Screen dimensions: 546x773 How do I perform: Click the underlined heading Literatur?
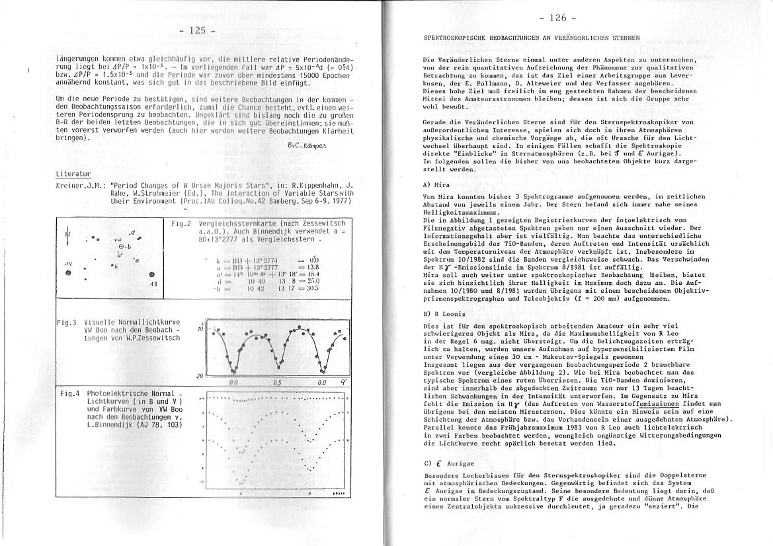click(73, 174)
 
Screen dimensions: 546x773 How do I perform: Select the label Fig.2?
click(181, 224)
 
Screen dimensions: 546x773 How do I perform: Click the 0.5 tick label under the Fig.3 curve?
click(277, 382)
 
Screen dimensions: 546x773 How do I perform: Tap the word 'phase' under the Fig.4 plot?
click(338, 492)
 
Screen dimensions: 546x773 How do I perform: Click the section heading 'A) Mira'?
click(436, 185)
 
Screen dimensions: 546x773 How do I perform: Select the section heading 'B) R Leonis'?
click(444, 313)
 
